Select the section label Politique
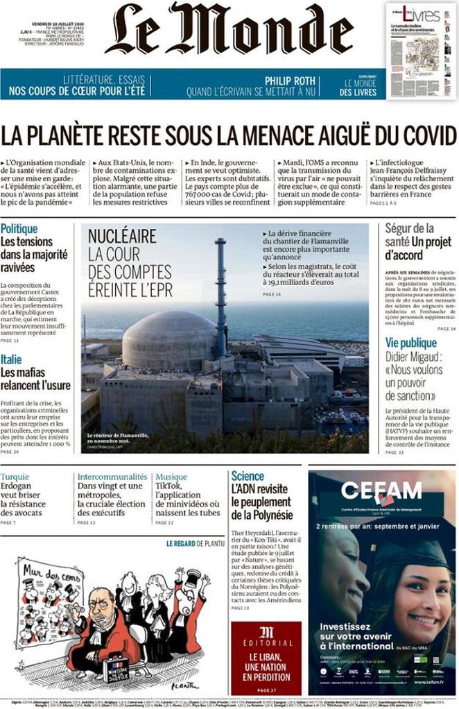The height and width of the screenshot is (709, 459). point(19,228)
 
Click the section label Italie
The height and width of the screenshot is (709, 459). point(11,359)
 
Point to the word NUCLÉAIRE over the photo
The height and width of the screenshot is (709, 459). point(122,237)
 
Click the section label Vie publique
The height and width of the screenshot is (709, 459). point(411,343)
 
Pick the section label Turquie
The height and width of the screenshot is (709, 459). point(15,477)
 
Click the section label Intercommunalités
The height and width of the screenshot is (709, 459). point(112,477)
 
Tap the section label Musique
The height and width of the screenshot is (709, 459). point(171,477)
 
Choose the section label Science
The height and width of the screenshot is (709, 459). point(248,476)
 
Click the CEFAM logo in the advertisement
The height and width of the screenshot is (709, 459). point(381,491)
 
